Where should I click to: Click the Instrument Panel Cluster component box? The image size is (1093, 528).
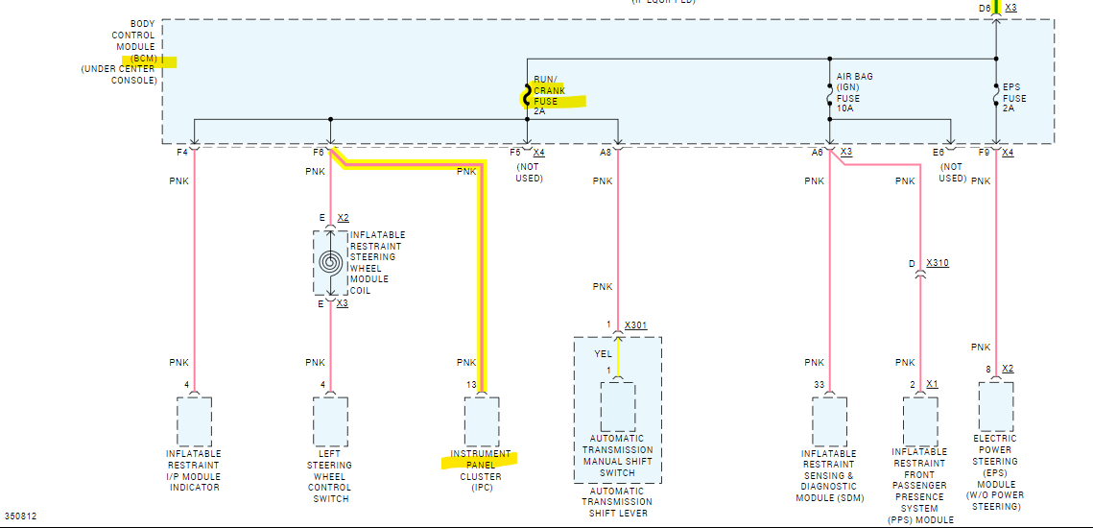click(x=482, y=420)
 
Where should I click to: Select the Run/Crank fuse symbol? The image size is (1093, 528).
click(x=527, y=96)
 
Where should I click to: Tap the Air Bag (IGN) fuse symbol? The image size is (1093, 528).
click(x=829, y=97)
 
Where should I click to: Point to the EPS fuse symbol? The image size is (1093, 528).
click(x=996, y=97)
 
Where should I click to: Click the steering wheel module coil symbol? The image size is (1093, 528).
click(x=331, y=261)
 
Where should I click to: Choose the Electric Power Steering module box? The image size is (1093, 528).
click(x=996, y=404)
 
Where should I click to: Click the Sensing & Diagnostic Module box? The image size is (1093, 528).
click(x=829, y=421)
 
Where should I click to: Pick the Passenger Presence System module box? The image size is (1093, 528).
click(x=920, y=421)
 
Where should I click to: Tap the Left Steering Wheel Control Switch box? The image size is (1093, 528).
click(x=331, y=421)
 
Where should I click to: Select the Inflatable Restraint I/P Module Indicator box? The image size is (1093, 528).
click(x=194, y=421)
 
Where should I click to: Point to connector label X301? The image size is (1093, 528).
click(x=636, y=325)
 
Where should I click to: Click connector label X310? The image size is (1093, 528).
click(x=938, y=263)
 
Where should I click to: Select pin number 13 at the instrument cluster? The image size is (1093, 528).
click(x=470, y=385)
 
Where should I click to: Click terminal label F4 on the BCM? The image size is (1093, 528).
click(x=182, y=153)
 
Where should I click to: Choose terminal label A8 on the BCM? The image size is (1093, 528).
click(x=606, y=153)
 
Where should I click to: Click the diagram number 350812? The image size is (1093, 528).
click(x=20, y=516)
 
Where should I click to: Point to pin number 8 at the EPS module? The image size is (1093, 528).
click(x=987, y=369)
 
